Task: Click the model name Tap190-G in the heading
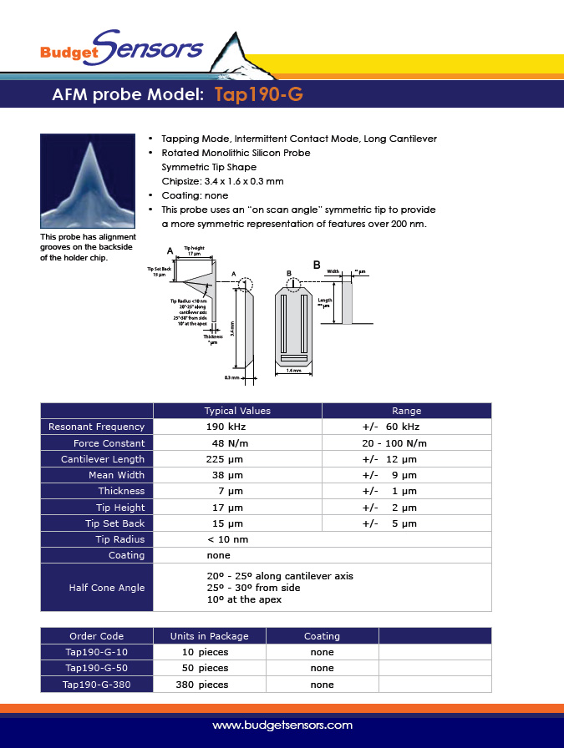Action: [x=258, y=94]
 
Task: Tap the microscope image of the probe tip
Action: [x=87, y=181]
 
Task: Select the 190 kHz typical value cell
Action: [x=225, y=427]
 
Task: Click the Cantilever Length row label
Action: [x=103, y=459]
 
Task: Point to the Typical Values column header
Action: [x=237, y=411]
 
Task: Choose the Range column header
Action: [x=406, y=411]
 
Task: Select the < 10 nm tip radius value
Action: [x=227, y=539]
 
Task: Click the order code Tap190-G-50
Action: [x=97, y=668]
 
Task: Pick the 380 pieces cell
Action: [x=201, y=685]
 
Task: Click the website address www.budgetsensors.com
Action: [x=282, y=725]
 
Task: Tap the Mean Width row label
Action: [x=116, y=475]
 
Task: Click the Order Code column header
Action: [x=96, y=636]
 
